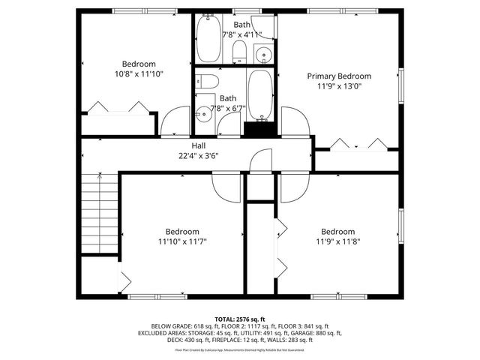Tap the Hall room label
tap(198, 146)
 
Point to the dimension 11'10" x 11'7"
tap(182, 241)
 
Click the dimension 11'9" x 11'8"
tap(337, 241)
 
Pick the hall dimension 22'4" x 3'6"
tap(198, 157)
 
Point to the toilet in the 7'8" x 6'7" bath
tap(208, 81)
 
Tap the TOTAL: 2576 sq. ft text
tap(239, 319)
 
